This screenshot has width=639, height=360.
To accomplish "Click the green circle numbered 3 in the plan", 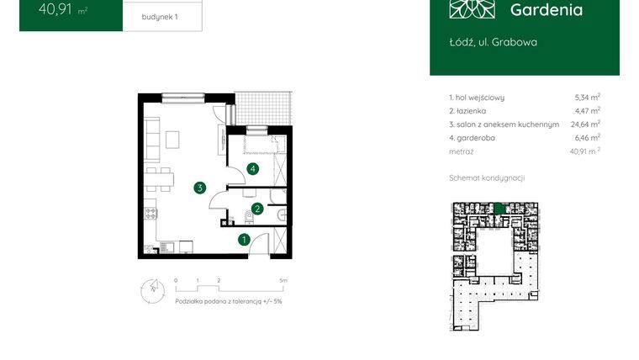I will [199, 188].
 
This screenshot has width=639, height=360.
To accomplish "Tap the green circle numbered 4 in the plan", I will [252, 169].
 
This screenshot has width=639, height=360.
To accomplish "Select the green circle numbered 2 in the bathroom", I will [257, 208].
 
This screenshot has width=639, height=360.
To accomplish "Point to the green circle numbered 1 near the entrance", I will [244, 240].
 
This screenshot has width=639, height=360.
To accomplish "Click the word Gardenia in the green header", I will [546, 10].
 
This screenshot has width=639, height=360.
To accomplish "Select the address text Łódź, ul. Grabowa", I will [494, 42].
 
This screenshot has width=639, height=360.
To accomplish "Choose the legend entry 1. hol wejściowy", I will [476, 98].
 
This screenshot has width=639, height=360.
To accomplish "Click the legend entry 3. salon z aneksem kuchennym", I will [504, 124].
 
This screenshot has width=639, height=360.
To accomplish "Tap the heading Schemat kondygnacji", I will [487, 178].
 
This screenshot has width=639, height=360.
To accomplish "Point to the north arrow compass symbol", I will [151, 289].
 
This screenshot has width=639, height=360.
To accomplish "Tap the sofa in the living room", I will [153, 140].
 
